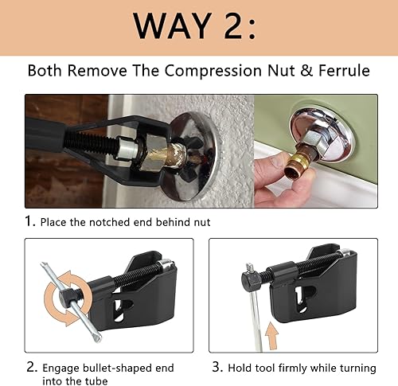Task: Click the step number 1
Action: click(30, 220)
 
